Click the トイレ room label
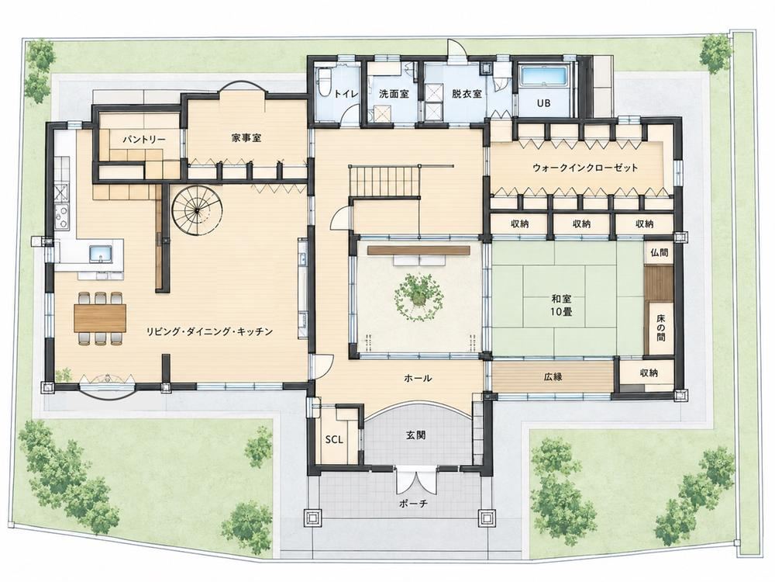346,94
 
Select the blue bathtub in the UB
544,76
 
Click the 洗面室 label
394,94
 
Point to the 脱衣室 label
467,94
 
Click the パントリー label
144,140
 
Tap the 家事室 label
246,138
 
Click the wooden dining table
100,317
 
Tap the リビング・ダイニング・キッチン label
209,331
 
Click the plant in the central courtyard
418,296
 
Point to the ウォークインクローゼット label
585,168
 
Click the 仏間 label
659,253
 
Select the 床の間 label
661,328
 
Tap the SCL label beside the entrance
333,439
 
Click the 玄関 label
415,435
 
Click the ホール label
418,379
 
